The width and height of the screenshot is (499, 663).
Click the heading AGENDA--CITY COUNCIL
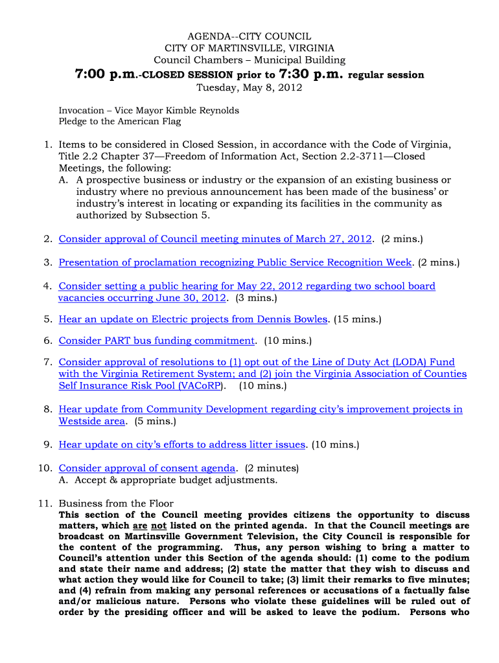tap(250, 36)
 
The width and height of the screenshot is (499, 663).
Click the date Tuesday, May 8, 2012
tap(250, 88)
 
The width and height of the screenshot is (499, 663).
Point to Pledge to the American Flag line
tap(119, 121)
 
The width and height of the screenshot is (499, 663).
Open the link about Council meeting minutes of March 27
tap(215, 239)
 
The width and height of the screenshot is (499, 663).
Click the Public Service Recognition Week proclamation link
tap(235, 262)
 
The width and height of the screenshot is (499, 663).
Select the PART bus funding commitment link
tap(157, 341)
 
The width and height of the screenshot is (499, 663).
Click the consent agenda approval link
tap(147, 468)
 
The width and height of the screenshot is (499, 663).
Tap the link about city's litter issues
tap(182, 445)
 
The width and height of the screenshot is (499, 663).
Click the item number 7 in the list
tap(48, 363)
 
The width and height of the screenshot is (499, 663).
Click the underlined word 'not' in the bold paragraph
tap(157, 526)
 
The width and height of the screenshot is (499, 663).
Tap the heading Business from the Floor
tap(116, 503)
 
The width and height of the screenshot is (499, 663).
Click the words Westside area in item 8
tap(92, 421)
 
